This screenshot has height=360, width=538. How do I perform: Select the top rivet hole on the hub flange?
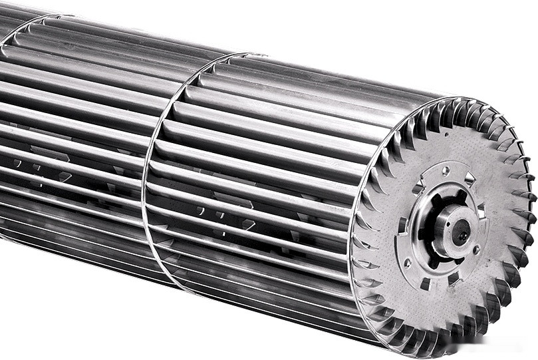pos(445,171)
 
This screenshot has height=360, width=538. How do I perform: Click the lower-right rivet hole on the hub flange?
pos(476,250)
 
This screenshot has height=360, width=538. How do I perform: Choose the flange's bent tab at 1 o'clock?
pos(470,178)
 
